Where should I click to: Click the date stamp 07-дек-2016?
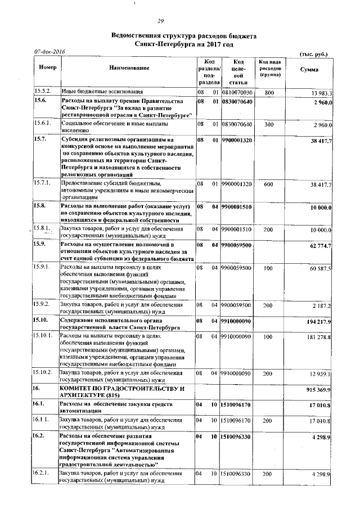[x=50, y=52]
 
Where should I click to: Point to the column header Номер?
[x=44, y=67]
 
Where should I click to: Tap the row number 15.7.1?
[x=43, y=183]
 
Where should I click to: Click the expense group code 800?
[x=269, y=92]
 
